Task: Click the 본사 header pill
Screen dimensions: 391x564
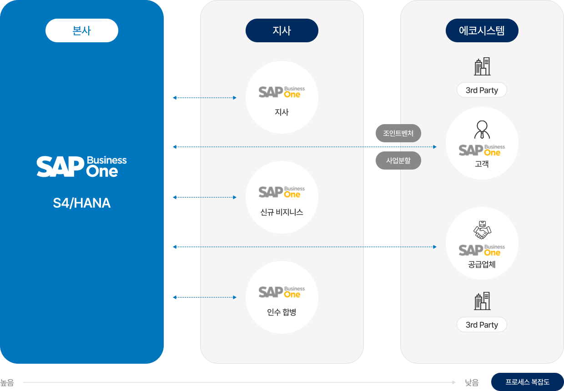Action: pyautogui.click(x=82, y=30)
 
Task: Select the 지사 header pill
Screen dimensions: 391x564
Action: pyautogui.click(x=282, y=30)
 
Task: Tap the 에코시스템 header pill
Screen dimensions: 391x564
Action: pyautogui.click(x=482, y=30)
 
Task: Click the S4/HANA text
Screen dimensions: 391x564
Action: pyautogui.click(x=82, y=203)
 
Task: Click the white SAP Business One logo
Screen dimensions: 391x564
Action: pyautogui.click(x=82, y=166)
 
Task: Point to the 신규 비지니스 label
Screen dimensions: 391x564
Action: pyautogui.click(x=282, y=212)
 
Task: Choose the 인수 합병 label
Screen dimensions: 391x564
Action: pyautogui.click(x=282, y=312)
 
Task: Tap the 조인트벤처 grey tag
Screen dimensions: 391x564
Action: pyautogui.click(x=398, y=133)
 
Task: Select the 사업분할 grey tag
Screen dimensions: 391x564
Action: pyautogui.click(x=398, y=160)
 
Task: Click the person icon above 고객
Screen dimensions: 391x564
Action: pyautogui.click(x=482, y=130)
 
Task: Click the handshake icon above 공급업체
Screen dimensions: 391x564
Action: pyautogui.click(x=482, y=230)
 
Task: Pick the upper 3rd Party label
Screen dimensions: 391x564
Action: pyautogui.click(x=482, y=90)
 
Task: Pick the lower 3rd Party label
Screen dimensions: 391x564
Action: pyautogui.click(x=482, y=325)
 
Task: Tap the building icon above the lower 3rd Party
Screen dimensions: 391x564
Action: pyautogui.click(x=482, y=301)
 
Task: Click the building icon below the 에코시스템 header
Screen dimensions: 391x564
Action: pyautogui.click(x=482, y=66)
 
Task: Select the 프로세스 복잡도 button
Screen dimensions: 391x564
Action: pyautogui.click(x=527, y=382)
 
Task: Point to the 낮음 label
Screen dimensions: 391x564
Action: pyautogui.click(x=472, y=383)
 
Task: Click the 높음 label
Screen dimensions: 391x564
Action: pyautogui.click(x=7, y=383)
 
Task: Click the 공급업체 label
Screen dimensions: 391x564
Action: pyautogui.click(x=482, y=264)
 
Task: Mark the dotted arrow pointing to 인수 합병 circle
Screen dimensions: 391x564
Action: pyautogui.click(x=205, y=297)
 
